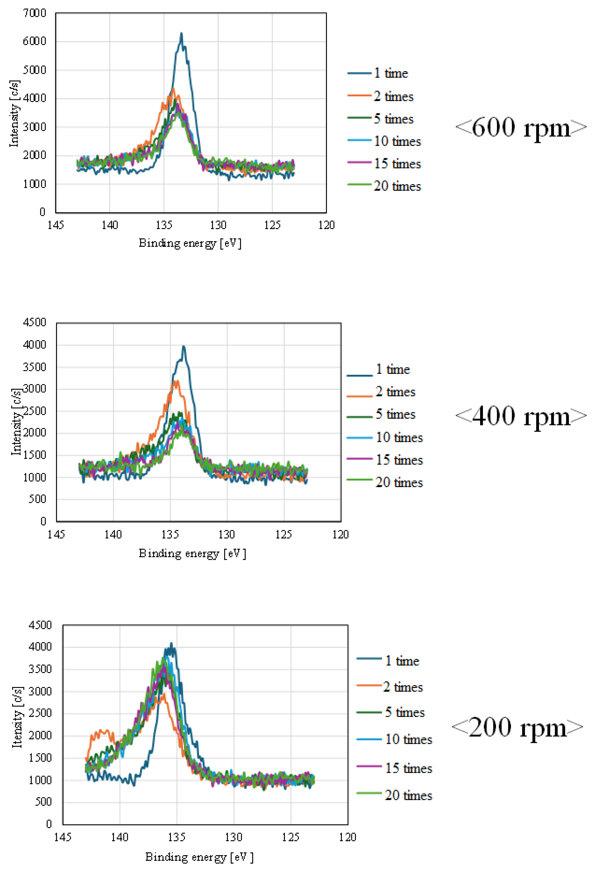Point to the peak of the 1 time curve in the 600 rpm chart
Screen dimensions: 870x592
(181, 34)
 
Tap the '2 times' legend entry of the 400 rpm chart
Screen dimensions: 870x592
(395, 392)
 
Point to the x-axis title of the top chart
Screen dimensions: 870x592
(190, 243)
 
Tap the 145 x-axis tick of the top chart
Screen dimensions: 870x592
(56, 225)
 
